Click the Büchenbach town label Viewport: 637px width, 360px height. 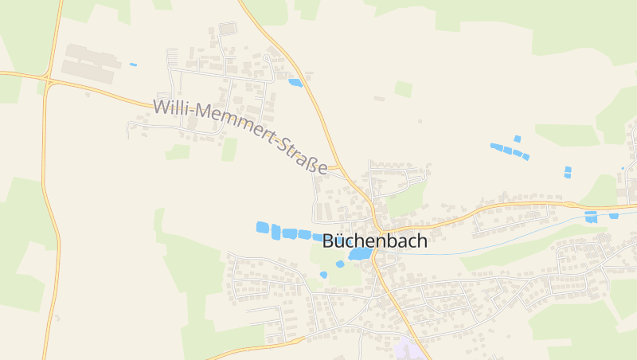(374, 241)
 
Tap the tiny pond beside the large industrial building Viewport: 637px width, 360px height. (133, 65)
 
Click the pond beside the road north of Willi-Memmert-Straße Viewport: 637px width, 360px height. (295, 82)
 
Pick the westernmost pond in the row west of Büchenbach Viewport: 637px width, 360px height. (262, 228)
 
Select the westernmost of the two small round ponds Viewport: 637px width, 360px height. (323, 275)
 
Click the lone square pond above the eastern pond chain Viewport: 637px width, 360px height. (517, 139)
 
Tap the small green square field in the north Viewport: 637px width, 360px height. (404, 89)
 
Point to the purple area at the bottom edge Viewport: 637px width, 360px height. (408, 350)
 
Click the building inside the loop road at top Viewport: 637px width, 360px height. (229, 29)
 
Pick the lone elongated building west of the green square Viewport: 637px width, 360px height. (379, 99)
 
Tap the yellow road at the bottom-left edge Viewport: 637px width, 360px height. (239, 351)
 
